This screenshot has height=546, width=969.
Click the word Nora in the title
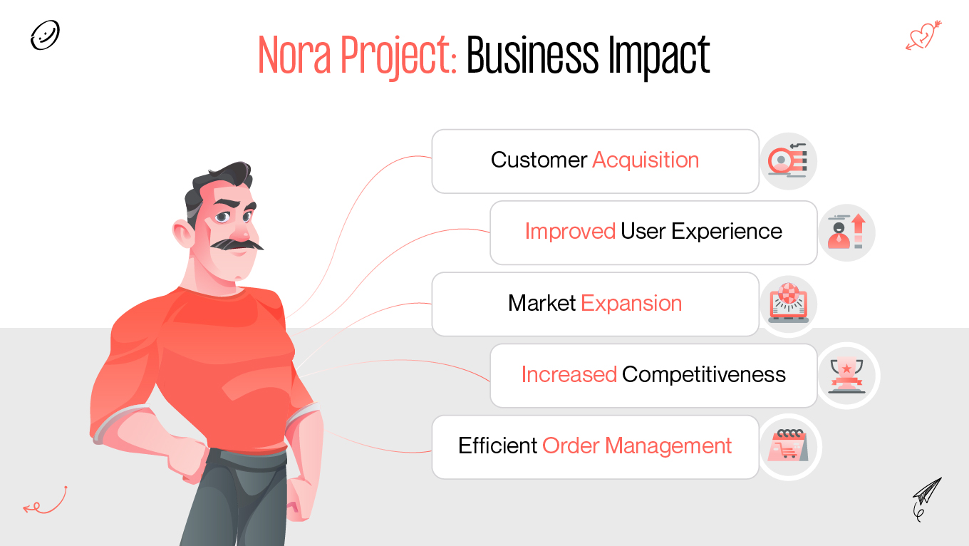[294, 56]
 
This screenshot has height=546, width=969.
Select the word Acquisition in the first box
[646, 160]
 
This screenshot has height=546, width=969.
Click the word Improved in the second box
[570, 231]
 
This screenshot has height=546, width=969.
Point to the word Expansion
[631, 303]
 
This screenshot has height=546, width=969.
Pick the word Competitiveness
[704, 374]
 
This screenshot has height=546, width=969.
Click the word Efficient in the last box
[497, 445]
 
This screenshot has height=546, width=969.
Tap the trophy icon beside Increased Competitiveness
[847, 376]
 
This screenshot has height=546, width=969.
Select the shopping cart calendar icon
[789, 447]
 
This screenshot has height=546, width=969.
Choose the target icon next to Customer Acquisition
[788, 161]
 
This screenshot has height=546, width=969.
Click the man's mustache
[239, 244]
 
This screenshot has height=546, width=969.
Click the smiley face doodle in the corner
[45, 35]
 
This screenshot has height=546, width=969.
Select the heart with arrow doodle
[923, 35]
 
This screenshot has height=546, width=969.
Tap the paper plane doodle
[926, 497]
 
